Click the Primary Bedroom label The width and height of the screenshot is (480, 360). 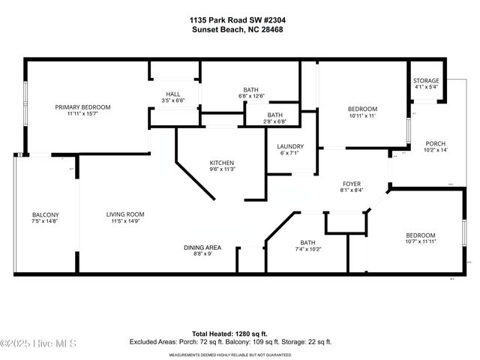pos(82,107)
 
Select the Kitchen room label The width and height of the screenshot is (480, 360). pos(222,163)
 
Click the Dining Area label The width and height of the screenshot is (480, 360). pos(202,247)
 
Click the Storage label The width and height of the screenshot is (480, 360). pos(426,81)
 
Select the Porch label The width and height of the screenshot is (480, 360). pos(436,143)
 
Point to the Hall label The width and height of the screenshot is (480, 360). pos(173,94)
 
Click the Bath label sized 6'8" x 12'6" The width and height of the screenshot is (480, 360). pos(250,89)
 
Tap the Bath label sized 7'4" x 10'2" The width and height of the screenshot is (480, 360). pos(307,242)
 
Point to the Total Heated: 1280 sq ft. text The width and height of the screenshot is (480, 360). pos(240,333)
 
